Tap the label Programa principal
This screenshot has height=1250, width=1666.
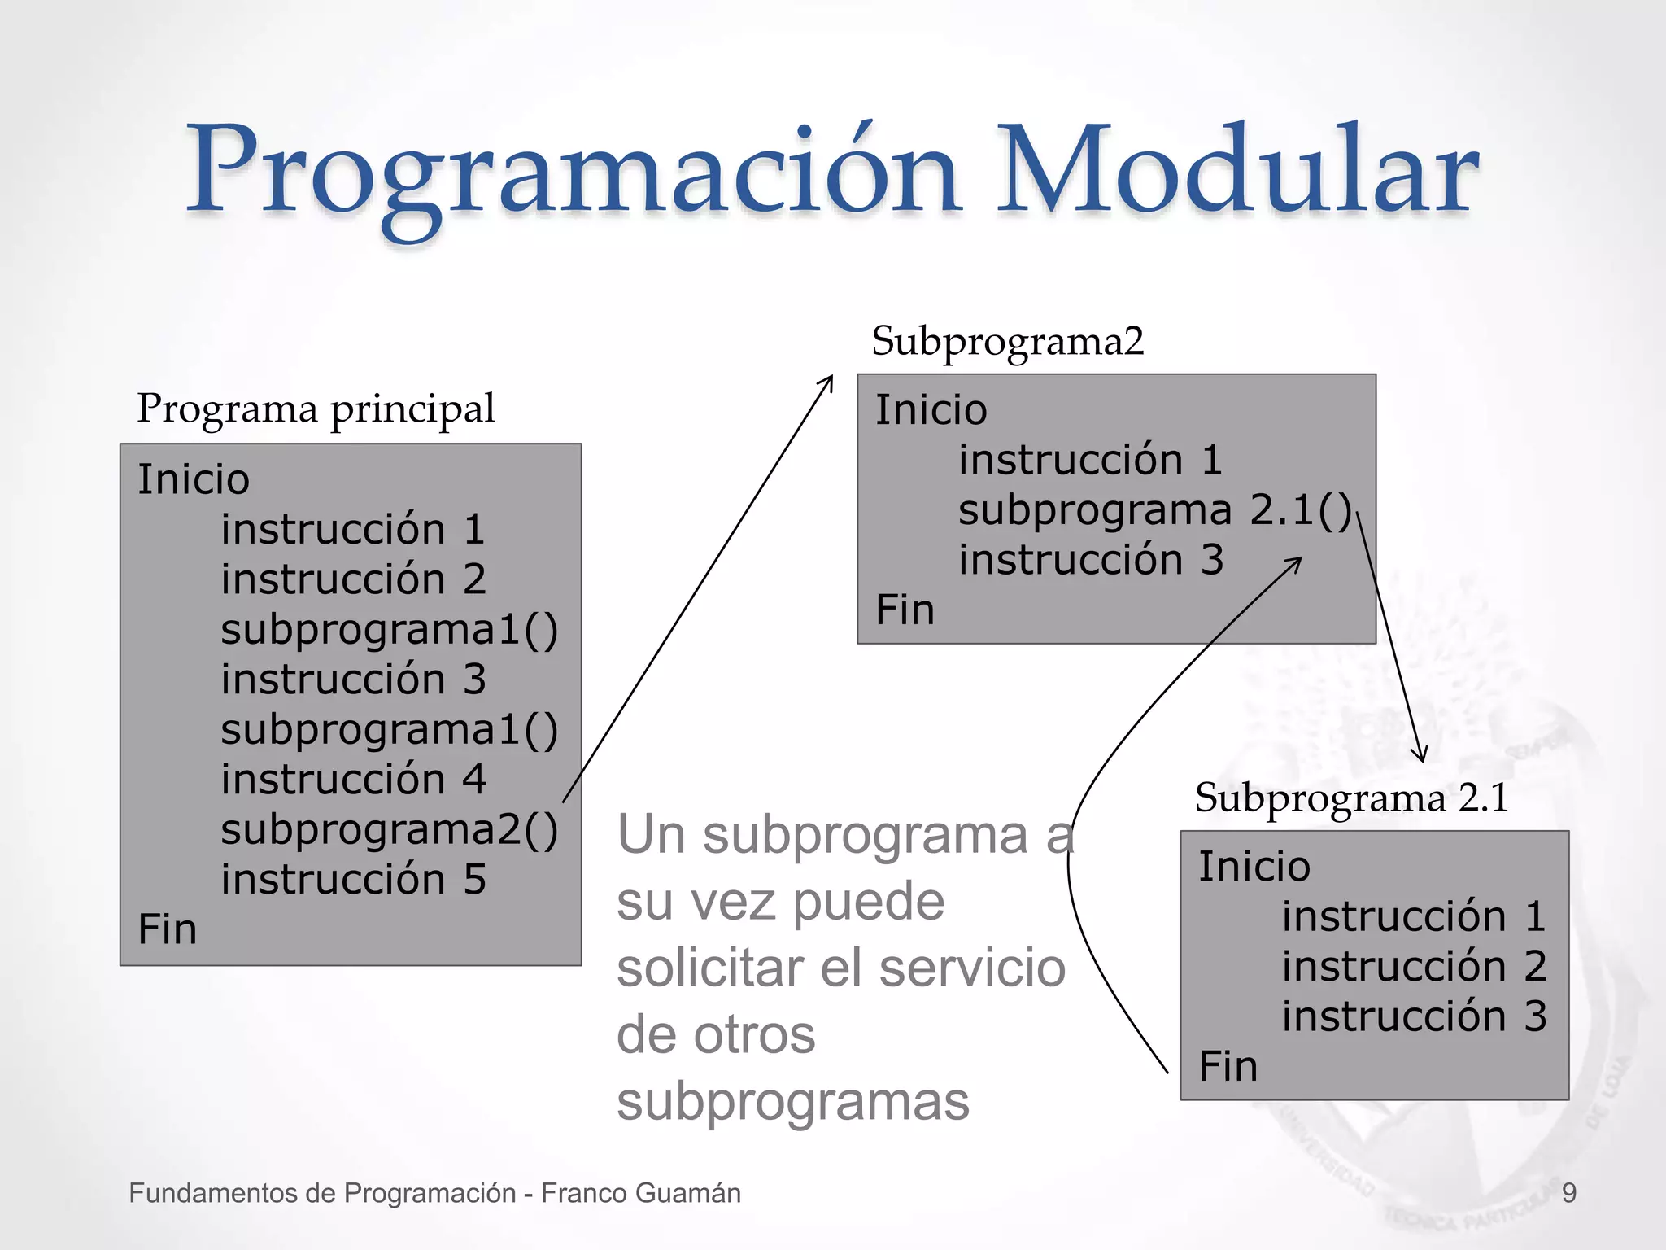[x=316, y=409]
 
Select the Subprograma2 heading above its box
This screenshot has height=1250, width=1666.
[x=1007, y=341]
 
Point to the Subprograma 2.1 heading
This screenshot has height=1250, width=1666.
[x=1351, y=798]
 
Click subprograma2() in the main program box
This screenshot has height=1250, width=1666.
[x=389, y=830]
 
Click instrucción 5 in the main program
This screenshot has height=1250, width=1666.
[x=353, y=880]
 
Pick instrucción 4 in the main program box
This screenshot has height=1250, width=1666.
[x=353, y=780]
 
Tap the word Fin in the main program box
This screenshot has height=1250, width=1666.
[x=168, y=929]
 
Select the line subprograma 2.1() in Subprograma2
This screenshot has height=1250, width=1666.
[x=1154, y=511]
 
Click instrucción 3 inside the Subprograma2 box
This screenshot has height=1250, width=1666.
[x=1090, y=561]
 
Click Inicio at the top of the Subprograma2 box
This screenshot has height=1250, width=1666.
[x=931, y=409]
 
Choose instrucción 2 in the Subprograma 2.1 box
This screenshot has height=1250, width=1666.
[x=1414, y=967]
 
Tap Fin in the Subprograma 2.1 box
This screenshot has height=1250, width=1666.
[x=1228, y=1066]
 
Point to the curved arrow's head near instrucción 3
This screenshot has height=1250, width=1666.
[x=1297, y=560]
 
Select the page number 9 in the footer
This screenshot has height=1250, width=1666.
[x=1569, y=1193]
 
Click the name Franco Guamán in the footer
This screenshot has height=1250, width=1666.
[x=641, y=1193]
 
